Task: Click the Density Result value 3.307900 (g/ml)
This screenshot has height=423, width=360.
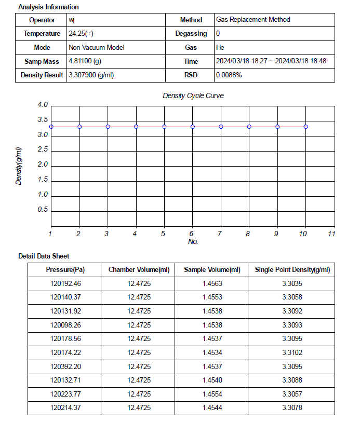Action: click(x=91, y=75)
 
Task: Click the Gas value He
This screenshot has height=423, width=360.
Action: click(x=220, y=47)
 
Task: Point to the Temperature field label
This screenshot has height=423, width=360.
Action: click(x=42, y=34)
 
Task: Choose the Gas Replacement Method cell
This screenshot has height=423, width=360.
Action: click(x=253, y=20)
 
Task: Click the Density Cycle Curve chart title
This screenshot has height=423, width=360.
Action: click(x=193, y=96)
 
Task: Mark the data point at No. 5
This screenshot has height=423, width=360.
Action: click(x=164, y=127)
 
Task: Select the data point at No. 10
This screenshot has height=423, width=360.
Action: click(x=305, y=127)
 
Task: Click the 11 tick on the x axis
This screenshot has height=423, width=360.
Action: click(x=331, y=234)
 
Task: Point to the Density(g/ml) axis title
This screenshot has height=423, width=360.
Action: click(x=19, y=166)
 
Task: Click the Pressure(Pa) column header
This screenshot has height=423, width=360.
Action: click(x=65, y=270)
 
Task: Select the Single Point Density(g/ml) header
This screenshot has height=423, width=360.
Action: click(x=292, y=270)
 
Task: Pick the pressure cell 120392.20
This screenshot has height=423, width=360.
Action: click(x=66, y=367)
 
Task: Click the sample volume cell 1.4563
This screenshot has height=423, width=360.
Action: click(x=212, y=284)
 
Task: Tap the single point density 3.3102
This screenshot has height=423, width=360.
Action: click(x=292, y=353)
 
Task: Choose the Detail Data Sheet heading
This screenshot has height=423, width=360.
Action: click(x=44, y=256)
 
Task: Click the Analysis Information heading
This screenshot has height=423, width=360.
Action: click(x=48, y=7)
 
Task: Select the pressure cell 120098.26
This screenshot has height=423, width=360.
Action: click(x=66, y=325)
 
